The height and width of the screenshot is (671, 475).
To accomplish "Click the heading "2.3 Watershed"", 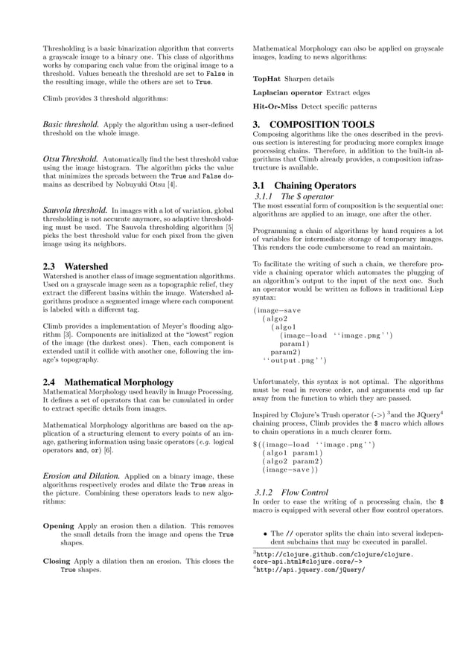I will pos(75,266).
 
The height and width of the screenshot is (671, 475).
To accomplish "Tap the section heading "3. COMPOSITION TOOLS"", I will pos(313,124).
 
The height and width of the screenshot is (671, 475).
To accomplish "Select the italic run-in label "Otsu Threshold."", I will pos(70,159).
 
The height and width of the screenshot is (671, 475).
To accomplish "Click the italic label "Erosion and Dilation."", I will pos(80,475).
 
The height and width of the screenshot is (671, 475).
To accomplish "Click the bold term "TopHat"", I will pos(267,79).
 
